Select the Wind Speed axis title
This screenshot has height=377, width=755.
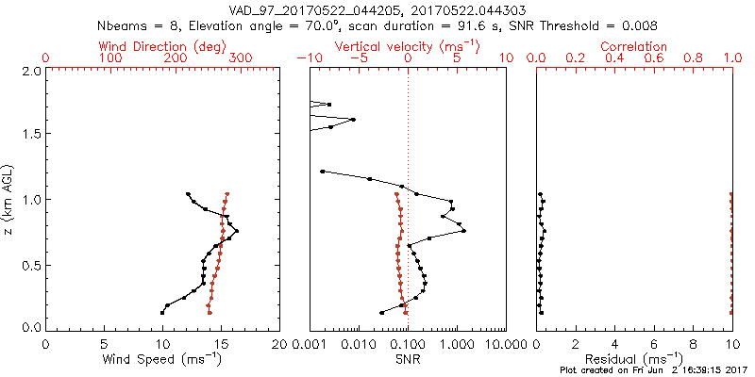click(x=162, y=359)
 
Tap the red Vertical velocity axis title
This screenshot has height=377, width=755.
click(x=408, y=46)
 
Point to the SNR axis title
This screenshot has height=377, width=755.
click(x=408, y=359)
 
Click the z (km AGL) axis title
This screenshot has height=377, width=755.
click(x=9, y=199)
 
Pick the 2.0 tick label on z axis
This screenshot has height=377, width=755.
click(x=30, y=71)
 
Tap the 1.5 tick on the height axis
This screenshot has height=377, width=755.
click(x=30, y=135)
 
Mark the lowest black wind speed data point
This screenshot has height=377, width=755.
click(x=162, y=312)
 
